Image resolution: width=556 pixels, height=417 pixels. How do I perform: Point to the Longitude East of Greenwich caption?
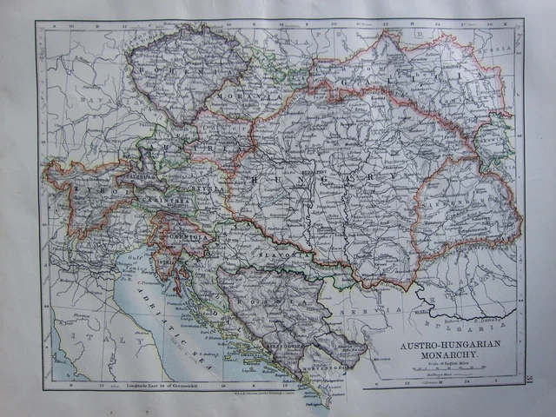tap(153, 383)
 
